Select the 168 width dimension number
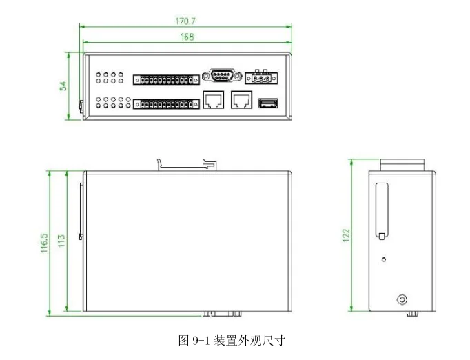tap(187, 37)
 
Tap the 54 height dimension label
tap(63, 86)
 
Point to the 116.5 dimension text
tap(44, 243)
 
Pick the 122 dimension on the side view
tap(347, 236)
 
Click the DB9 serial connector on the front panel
tap(221, 76)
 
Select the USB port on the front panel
tap(267, 104)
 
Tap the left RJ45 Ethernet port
tap(213, 101)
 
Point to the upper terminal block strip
tap(163, 80)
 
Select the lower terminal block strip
tap(163, 105)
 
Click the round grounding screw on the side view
tap(402, 299)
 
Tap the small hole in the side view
tap(384, 260)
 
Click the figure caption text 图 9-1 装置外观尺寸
tap(232, 340)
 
